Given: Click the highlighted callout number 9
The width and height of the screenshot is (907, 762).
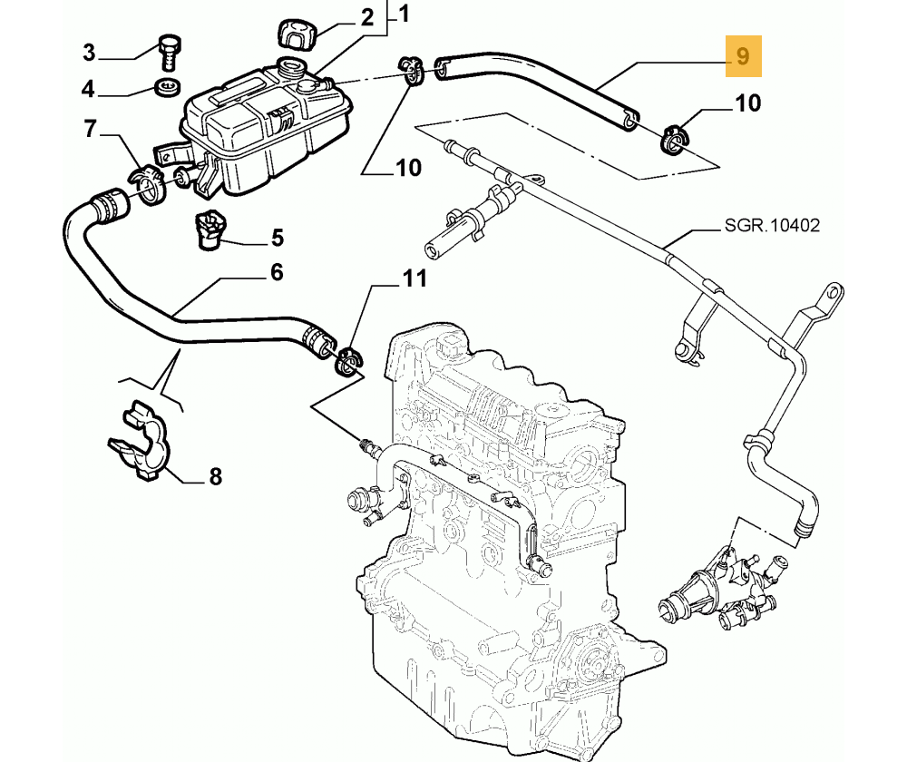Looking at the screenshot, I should [x=743, y=56].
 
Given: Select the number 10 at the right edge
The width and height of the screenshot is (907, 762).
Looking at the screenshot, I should [x=747, y=103].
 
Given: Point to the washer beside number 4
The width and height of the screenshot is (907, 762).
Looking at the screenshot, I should [x=168, y=88].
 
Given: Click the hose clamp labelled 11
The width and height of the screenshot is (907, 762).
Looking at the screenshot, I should [x=347, y=360].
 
